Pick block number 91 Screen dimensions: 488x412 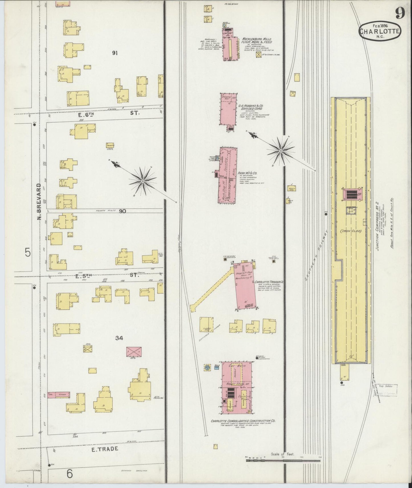tap(115, 53)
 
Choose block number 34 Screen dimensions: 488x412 tap(119, 338)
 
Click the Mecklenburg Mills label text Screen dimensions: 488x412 tap(257, 40)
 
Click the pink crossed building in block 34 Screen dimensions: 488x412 tap(134, 352)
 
